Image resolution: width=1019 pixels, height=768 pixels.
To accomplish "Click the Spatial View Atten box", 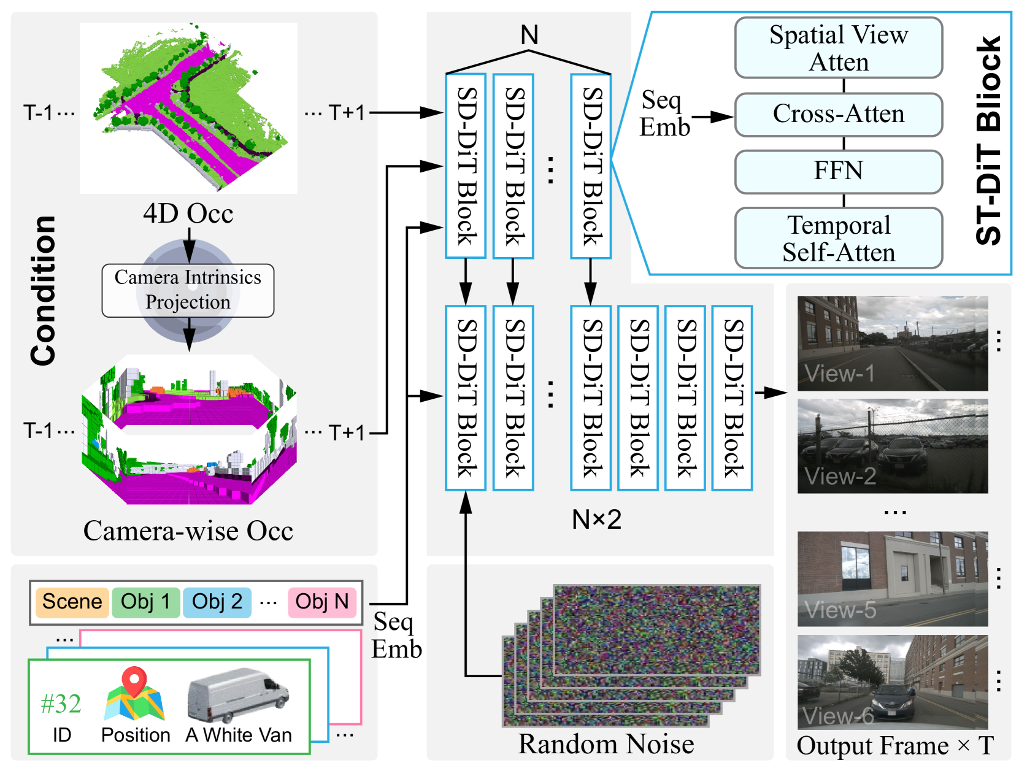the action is (838, 47).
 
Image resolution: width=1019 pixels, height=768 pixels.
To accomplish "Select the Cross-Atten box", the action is (838, 114).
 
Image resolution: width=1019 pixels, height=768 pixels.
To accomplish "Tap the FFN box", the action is (838, 171).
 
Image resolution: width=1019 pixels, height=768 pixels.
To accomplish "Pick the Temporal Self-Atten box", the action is (838, 237).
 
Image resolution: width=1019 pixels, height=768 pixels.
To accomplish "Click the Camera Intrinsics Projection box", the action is (188, 290).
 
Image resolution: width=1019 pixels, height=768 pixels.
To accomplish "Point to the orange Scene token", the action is (72, 601).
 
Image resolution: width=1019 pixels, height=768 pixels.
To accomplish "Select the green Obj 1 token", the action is (145, 601).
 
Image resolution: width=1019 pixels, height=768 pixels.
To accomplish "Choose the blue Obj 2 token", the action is (217, 601).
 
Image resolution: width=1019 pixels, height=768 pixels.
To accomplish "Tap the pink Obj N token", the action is (321, 601).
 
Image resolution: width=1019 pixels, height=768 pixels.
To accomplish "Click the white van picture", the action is (237, 694).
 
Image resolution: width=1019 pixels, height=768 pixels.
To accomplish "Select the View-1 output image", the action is (892, 343).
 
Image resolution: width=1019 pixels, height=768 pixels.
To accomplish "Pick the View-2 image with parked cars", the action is (892, 445).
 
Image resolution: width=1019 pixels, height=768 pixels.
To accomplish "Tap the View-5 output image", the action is (892, 578).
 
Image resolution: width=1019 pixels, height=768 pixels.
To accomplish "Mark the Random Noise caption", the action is (606, 743).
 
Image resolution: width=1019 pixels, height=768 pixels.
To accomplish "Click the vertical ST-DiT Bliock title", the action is (988, 140).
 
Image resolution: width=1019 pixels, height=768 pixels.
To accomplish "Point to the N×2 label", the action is (596, 519).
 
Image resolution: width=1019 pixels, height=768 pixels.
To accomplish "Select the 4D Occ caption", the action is (188, 213).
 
